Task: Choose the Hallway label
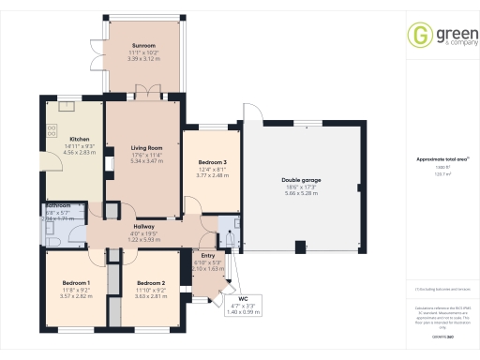pyautogui.click(x=144, y=228)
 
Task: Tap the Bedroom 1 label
pyautogui.click(x=76, y=283)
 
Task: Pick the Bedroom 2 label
pyautogui.click(x=150, y=283)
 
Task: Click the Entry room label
pyautogui.click(x=208, y=255)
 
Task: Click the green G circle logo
pyautogui.click(x=418, y=35)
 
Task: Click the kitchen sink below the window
pyautogui.click(x=67, y=105)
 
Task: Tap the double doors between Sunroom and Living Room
pyautogui.click(x=144, y=91)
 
